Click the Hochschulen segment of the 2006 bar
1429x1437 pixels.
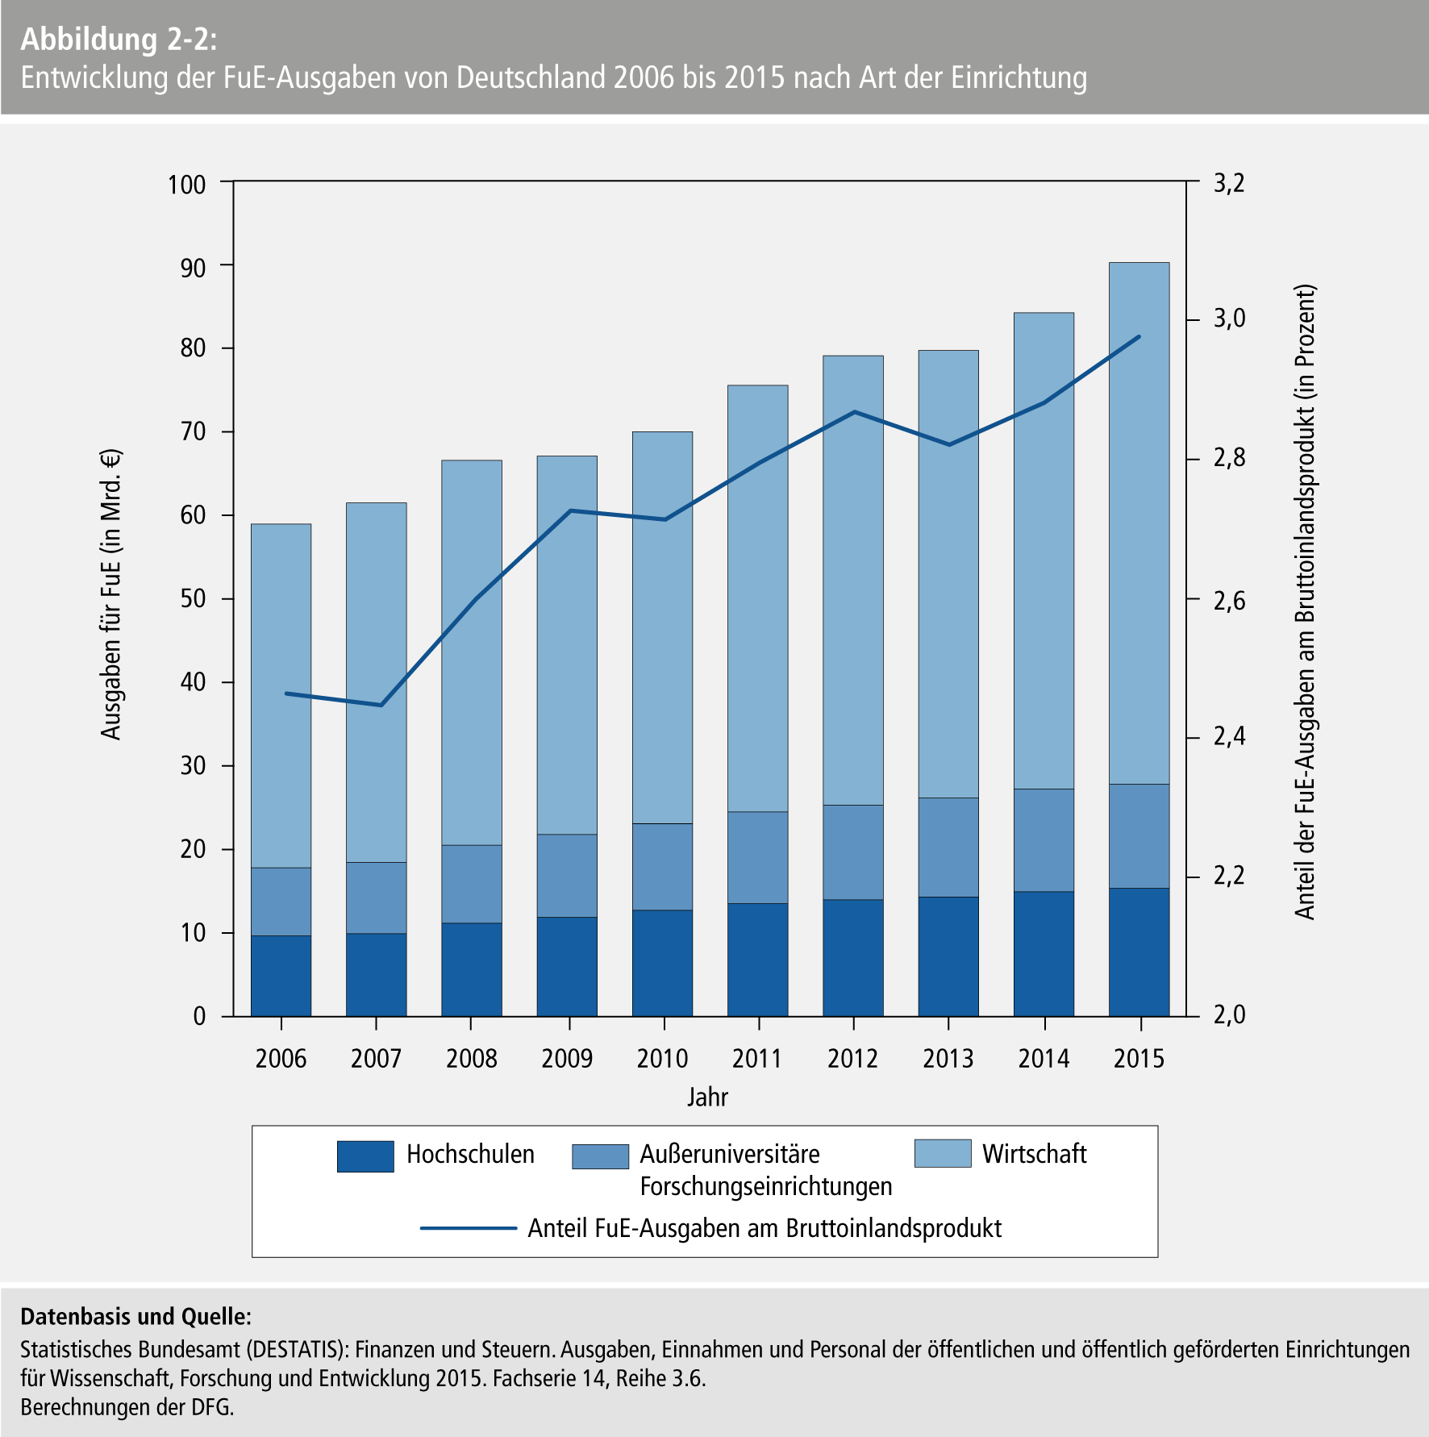(281, 976)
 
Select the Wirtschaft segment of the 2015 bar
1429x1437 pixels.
(1139, 524)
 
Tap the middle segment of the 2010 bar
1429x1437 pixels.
(662, 867)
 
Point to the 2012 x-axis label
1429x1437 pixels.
(852, 1059)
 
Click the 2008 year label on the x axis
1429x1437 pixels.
(471, 1059)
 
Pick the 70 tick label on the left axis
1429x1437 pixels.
(194, 431)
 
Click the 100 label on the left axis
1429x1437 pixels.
(187, 184)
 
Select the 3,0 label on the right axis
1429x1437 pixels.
(1229, 319)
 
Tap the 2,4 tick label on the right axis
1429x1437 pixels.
(1229, 737)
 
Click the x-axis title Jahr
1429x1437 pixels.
(707, 1098)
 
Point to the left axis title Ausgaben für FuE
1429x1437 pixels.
(111, 594)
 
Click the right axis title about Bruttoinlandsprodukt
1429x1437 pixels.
(1305, 602)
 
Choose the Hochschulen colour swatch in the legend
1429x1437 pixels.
(365, 1156)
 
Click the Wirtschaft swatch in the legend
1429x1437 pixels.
(943, 1153)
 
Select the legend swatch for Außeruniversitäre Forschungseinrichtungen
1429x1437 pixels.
(600, 1156)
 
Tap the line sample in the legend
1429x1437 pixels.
(468, 1228)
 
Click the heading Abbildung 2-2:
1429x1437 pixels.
(119, 40)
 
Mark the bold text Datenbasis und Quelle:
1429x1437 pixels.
(135, 1317)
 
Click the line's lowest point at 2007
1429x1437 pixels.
(381, 706)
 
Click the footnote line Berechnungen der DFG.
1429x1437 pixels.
(127, 1407)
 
